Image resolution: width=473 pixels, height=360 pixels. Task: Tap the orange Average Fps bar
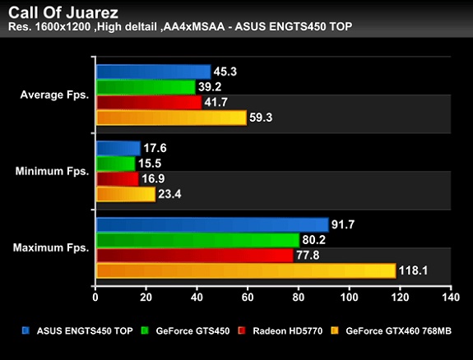(171, 118)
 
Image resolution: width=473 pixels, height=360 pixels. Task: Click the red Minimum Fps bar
(117, 178)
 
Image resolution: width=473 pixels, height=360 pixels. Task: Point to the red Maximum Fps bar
(194, 255)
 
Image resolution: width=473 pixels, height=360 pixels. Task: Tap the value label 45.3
(225, 72)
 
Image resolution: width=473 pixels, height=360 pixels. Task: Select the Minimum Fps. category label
(52, 171)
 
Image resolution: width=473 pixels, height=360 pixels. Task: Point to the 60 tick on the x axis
(248, 297)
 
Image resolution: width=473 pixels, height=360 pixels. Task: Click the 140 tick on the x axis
(449, 297)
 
